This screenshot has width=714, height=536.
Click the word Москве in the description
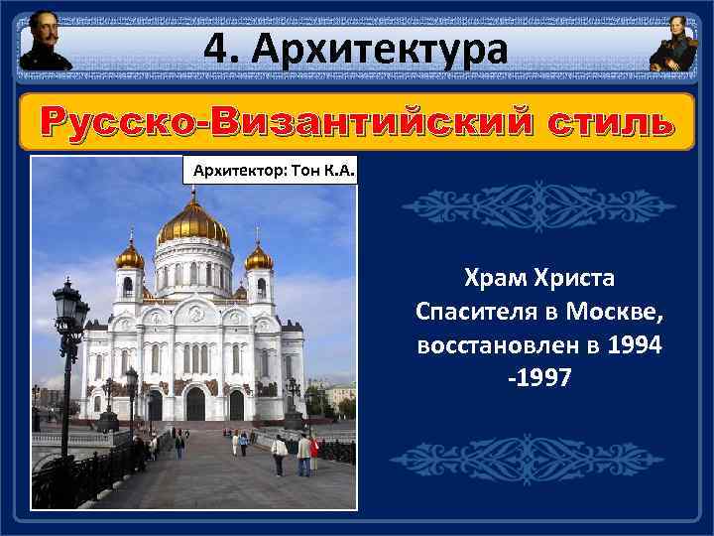click(617, 314)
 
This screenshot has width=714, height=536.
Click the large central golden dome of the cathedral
click(193, 224)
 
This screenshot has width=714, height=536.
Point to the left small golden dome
click(129, 257)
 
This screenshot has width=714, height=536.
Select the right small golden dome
click(259, 257)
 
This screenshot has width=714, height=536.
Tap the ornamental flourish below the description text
click(538, 459)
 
